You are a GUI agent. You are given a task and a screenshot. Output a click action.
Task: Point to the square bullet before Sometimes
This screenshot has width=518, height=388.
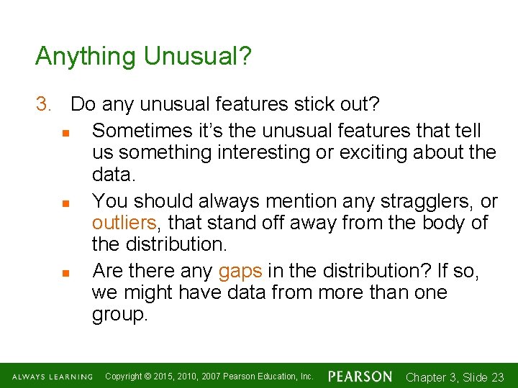(65, 132)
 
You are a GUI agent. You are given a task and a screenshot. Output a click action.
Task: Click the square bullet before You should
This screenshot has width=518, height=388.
(65, 203)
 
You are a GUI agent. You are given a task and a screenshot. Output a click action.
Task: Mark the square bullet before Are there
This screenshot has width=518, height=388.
(65, 272)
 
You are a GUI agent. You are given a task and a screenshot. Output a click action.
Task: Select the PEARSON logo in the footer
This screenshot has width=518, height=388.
(360, 377)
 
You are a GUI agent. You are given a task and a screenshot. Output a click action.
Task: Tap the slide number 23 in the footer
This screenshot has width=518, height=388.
(496, 377)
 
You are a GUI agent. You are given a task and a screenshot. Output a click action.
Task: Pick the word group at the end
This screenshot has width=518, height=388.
(118, 315)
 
